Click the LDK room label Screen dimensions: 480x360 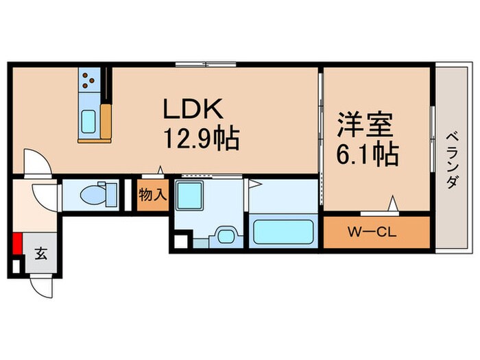[193, 109]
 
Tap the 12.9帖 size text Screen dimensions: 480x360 [202, 139]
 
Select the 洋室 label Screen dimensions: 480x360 [365, 125]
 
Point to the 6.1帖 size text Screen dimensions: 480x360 [368, 154]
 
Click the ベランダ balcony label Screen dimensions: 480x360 [451, 160]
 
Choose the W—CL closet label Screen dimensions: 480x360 [372, 232]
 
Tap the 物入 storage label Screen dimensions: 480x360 [153, 195]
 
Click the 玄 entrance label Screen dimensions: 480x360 [40, 254]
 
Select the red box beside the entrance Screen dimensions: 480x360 [17, 243]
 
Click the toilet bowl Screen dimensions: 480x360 [92, 194]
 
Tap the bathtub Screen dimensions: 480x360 [283, 232]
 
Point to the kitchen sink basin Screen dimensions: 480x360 [88, 121]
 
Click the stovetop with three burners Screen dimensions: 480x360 [89, 80]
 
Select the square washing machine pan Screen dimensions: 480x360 [189, 195]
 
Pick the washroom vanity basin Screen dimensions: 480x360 [226, 236]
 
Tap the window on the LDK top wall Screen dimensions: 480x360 [206, 64]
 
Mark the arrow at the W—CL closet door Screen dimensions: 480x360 [393, 203]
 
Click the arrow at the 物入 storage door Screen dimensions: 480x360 [160, 169]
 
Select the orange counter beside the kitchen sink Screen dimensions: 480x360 [106, 121]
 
